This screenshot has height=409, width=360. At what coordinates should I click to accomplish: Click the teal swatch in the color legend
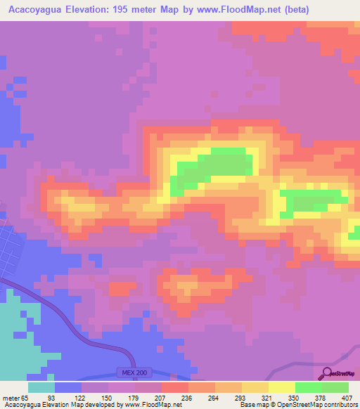coord(41,387)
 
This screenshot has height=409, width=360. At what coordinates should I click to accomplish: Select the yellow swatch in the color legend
coord(282,387)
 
